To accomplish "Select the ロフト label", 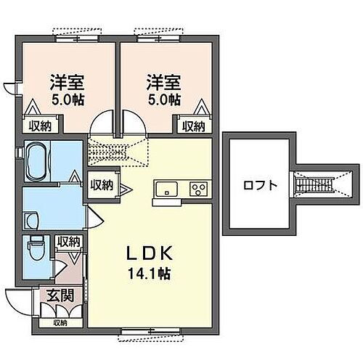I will click(261, 184).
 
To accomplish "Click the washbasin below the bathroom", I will click(30, 219).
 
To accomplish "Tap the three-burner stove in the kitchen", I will click(197, 189).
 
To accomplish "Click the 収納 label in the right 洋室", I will click(192, 126).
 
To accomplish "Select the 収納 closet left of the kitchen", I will click(102, 185).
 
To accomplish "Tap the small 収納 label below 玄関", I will click(59, 322).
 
